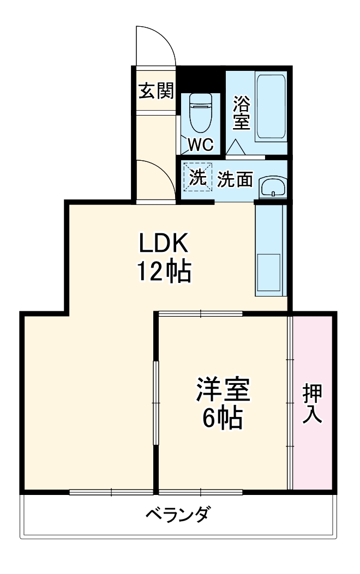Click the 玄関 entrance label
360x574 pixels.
point(155,91)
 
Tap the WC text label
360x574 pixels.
point(201,144)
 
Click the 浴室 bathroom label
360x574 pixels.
point(241,113)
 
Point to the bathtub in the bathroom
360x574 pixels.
point(271,107)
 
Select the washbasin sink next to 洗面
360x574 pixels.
point(271,187)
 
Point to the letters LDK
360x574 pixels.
point(163,244)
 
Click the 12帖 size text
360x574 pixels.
point(163,271)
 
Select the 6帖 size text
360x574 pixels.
point(223,418)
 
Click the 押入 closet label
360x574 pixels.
point(313,403)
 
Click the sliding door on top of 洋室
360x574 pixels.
point(200,313)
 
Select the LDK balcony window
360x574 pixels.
point(112,492)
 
